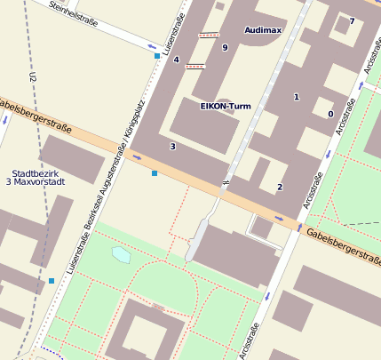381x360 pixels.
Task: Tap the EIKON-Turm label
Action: [226, 106]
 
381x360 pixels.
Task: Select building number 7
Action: [352, 21]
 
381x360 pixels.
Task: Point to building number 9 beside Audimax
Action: [225, 48]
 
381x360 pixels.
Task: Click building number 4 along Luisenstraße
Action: [176, 60]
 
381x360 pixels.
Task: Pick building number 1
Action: [297, 97]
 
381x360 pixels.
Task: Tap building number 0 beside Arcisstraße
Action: [330, 114]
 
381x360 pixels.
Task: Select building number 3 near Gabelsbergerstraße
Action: [172, 146]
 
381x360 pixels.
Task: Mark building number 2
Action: [280, 187]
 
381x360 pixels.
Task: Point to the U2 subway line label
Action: [32, 78]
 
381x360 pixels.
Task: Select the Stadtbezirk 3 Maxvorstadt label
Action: [37, 177]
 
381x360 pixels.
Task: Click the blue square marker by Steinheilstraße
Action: [157, 56]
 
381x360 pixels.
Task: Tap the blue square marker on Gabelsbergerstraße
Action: [155, 172]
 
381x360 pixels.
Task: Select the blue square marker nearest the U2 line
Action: [52, 281]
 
